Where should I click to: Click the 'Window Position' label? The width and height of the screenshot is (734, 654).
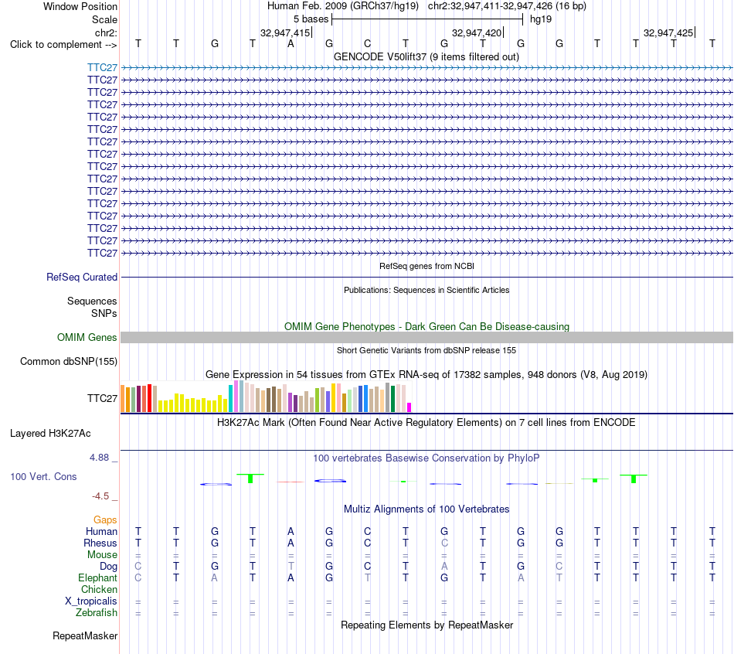(80, 6)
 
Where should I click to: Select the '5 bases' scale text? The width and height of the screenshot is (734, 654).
(311, 19)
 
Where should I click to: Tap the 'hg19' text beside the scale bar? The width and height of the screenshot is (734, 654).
(541, 19)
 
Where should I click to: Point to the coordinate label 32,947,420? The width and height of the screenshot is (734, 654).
(477, 32)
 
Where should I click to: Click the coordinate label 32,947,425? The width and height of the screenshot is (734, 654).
(668, 32)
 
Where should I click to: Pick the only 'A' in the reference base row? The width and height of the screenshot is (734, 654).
(291, 44)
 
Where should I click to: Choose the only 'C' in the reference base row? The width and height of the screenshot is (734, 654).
(368, 44)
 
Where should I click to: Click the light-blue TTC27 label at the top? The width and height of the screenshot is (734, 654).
(102, 67)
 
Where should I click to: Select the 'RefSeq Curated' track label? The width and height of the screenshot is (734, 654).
(82, 277)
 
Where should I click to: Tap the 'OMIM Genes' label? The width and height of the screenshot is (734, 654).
(87, 337)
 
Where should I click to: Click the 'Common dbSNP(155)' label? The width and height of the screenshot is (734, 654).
(69, 361)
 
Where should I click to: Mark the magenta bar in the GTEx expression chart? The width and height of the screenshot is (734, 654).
(409, 407)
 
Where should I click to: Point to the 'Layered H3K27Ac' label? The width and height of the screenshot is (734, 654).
(50, 434)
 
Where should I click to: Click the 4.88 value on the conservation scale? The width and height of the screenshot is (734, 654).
(99, 457)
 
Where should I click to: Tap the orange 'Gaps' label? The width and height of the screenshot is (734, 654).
(105, 519)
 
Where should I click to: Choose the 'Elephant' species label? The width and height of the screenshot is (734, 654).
(97, 577)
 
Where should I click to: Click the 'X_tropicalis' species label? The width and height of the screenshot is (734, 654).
(91, 601)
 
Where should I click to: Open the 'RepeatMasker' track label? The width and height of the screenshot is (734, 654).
(85, 635)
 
